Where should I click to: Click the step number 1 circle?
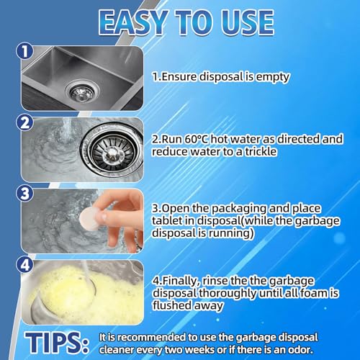pos(26,51)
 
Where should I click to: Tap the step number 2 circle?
pos(26,122)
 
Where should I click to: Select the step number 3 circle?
pos(26,194)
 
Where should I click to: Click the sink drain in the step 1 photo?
pos(73,91)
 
